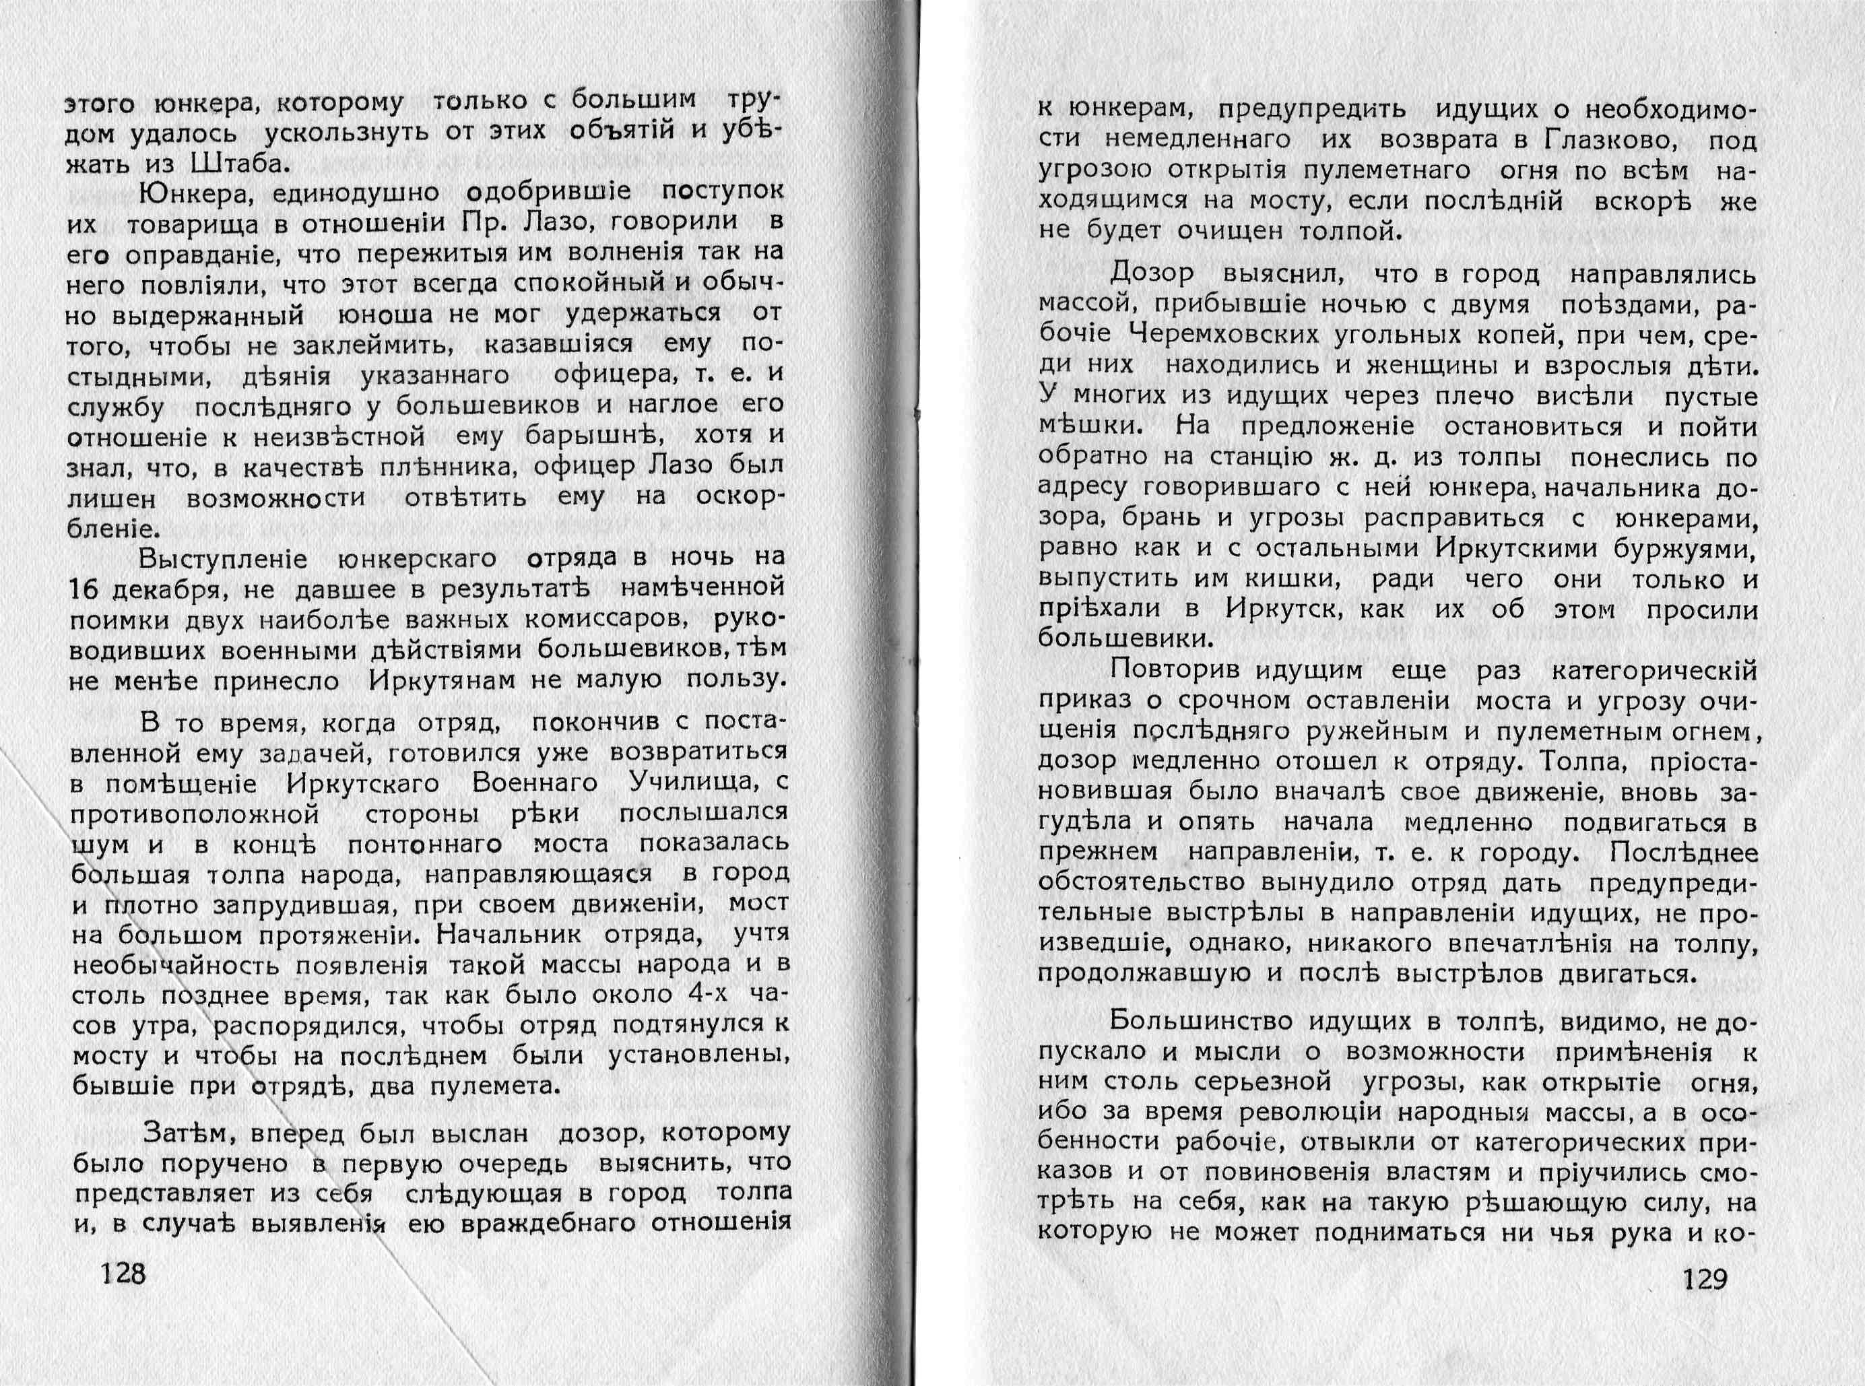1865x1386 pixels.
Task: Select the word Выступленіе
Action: click(223, 558)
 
